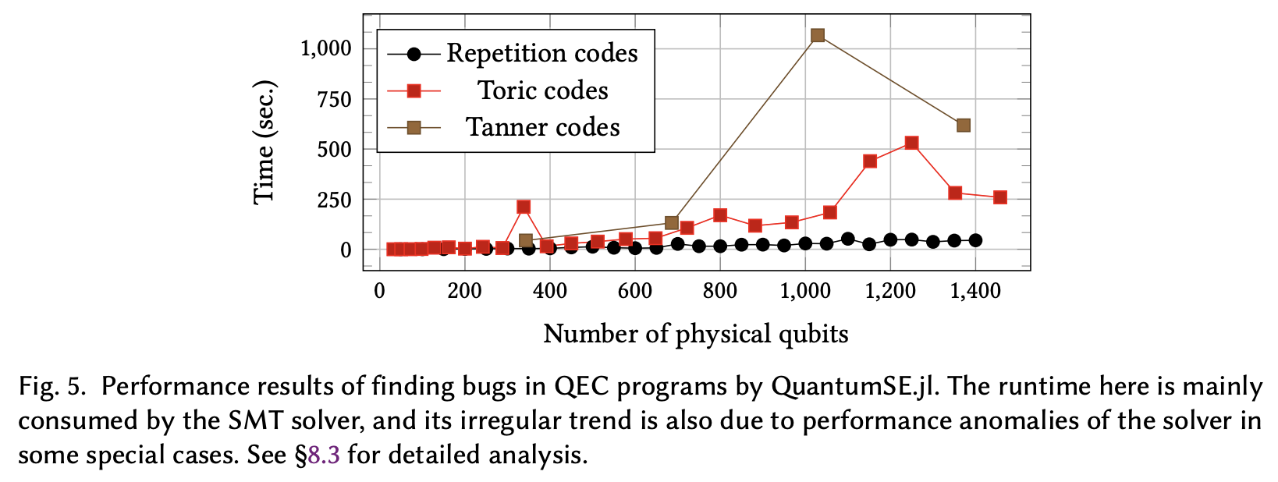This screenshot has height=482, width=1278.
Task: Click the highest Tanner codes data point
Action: pos(817,35)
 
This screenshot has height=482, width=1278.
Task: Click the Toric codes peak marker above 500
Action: pos(911,143)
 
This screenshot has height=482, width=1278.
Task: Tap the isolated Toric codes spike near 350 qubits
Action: pos(524,207)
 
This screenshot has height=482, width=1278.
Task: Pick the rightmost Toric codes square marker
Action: pos(1000,197)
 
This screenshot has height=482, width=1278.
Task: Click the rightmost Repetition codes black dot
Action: pos(975,240)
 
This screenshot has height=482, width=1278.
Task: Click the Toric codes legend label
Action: pos(543,90)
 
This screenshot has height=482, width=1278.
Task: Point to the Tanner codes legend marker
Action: pos(414,127)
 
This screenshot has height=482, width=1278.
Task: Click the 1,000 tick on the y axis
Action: pos(326,48)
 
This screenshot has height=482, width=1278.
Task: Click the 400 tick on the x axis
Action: pos(549,291)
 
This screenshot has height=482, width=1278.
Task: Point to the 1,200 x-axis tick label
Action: pos(890,291)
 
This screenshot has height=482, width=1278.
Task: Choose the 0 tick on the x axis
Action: pos(379,291)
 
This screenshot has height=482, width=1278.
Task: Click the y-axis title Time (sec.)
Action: pos(264,142)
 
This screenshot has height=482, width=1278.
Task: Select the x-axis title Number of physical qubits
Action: pos(695,334)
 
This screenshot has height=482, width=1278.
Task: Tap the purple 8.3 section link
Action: pos(324,455)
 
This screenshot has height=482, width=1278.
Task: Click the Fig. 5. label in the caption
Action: pos(51,387)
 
